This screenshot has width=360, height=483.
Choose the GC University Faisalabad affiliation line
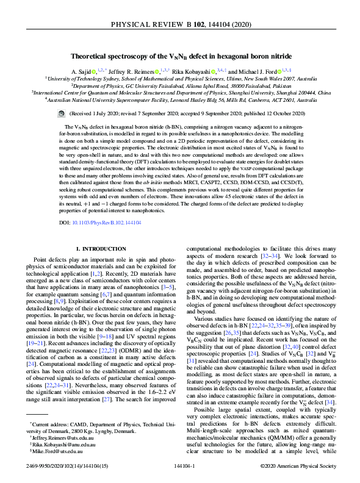pyautogui.click(x=180, y=86)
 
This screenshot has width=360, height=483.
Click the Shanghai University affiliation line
pyautogui.click(x=180, y=93)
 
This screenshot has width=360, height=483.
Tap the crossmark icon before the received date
pyautogui.click(x=60, y=113)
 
